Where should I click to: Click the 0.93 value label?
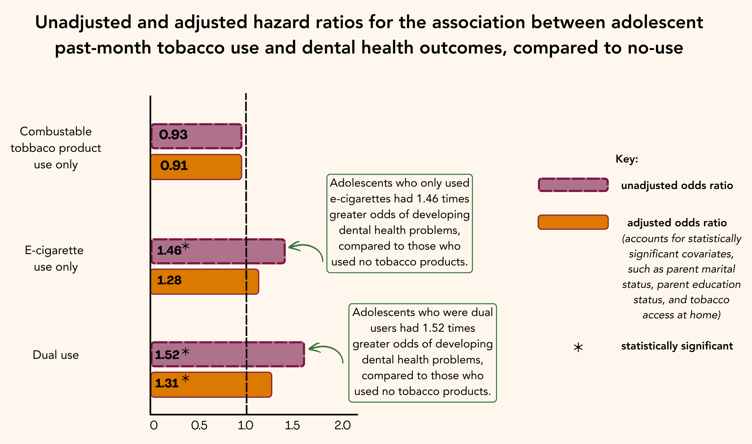[x=173, y=135]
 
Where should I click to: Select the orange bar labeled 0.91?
[x=196, y=167]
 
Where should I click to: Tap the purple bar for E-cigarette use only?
[x=218, y=251]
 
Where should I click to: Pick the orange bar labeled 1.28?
[x=205, y=282]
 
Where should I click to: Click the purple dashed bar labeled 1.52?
[x=228, y=354]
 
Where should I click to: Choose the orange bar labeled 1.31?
[x=211, y=385]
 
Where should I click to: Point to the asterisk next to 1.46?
[x=185, y=247]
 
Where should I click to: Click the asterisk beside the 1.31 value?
[x=185, y=378]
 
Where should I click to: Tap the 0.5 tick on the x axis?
[x=199, y=425]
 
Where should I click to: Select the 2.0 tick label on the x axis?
[x=342, y=425]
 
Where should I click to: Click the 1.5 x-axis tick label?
[x=292, y=425]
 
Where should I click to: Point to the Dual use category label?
[x=56, y=355]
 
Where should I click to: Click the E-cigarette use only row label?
[x=54, y=259]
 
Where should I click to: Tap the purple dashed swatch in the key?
[x=573, y=185]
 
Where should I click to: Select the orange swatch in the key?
[x=573, y=222]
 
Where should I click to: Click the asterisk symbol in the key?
[x=578, y=348]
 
